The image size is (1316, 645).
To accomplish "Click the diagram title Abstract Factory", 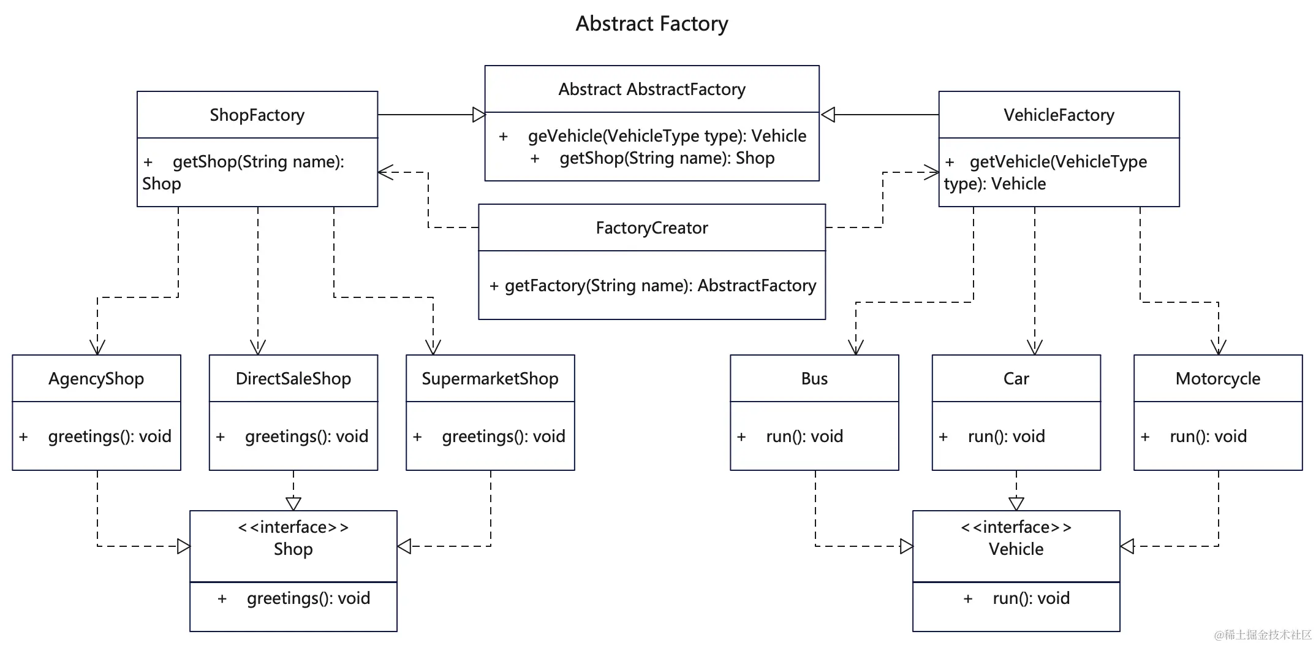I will point(651,24).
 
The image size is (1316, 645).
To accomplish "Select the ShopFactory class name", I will point(257,115).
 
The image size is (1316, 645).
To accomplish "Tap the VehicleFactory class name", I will point(1058,115).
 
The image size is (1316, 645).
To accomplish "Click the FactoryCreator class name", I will point(651,228).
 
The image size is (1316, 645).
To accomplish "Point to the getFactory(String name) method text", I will point(652,286).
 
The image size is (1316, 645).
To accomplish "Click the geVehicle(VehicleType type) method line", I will point(667,136).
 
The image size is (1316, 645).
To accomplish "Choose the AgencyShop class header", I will point(96,378).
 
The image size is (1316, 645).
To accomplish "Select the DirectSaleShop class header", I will point(293,378).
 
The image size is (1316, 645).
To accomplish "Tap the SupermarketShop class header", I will point(490,378).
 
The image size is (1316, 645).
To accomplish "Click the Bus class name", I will point(814,378).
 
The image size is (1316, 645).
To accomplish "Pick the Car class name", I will point(1016,378).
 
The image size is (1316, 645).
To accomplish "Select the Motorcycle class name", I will point(1217,378).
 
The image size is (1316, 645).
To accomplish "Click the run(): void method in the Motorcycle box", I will point(1208,437).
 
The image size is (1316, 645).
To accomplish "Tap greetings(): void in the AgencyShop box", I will point(109,437).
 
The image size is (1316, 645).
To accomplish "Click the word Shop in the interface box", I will point(293,549).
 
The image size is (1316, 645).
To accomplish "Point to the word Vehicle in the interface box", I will point(1016,549).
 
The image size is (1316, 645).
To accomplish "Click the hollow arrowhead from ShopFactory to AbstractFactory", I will point(478,115).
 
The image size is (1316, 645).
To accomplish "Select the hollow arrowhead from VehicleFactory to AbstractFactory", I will point(828,115).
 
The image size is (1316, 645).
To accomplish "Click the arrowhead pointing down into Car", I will point(1034,348).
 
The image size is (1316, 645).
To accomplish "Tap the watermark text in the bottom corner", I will point(1263,635).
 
